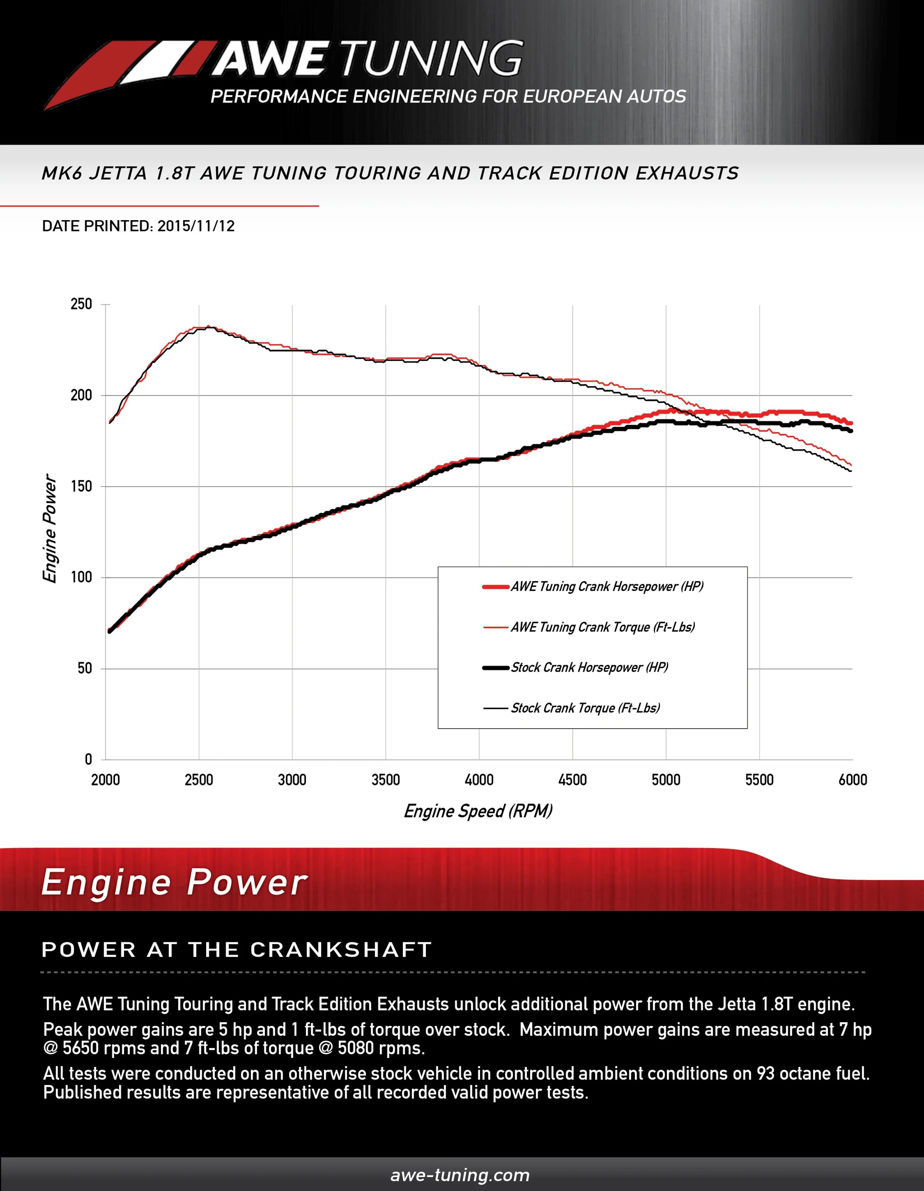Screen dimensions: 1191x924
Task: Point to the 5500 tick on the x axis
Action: click(759, 780)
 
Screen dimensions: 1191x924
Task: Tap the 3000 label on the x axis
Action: click(292, 780)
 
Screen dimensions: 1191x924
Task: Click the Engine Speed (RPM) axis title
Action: click(478, 811)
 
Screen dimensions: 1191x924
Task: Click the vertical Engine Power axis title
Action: click(50, 528)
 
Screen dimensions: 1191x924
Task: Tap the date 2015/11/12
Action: click(196, 226)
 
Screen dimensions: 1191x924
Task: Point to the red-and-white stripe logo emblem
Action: click(131, 74)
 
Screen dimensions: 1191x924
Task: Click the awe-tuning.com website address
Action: click(460, 1175)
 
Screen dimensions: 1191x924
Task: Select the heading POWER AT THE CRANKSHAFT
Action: click(236, 950)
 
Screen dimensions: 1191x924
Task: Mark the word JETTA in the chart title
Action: click(118, 173)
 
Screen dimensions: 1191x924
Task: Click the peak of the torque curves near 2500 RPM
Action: click(208, 327)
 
